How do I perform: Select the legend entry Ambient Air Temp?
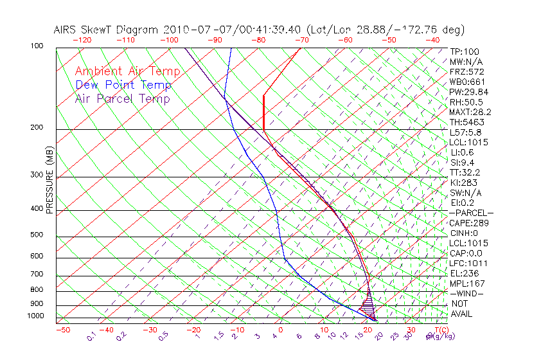[127, 72]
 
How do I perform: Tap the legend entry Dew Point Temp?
[123, 85]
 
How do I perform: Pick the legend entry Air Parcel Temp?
[122, 99]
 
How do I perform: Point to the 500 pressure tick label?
[37, 235]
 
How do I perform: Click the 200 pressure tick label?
[37, 128]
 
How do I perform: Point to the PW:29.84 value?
[468, 92]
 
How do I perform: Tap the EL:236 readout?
[463, 273]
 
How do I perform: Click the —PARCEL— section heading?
[471, 213]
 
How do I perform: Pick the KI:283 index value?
[463, 183]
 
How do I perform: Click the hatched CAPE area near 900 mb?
[367, 307]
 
